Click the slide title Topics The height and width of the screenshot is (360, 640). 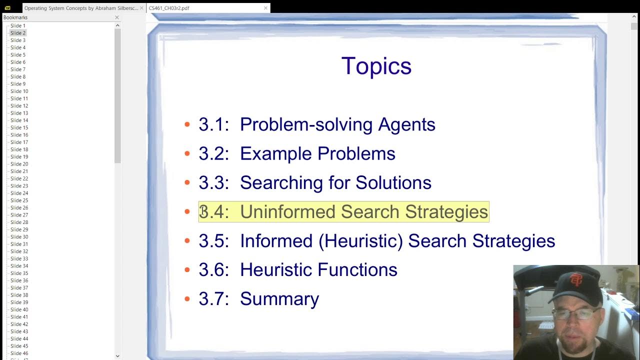click(x=376, y=66)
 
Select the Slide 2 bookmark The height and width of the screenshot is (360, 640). click(x=18, y=33)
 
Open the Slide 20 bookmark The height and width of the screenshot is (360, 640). click(x=19, y=164)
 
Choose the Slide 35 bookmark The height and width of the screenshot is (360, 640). click(x=19, y=273)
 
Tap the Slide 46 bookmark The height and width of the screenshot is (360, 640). click(x=19, y=353)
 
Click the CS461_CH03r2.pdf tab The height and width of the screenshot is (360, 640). click(x=169, y=8)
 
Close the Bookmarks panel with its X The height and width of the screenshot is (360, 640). click(x=117, y=17)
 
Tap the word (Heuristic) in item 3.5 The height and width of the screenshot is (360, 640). click(x=360, y=240)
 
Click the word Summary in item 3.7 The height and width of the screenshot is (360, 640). click(x=279, y=298)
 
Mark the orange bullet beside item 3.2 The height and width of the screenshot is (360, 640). click(x=187, y=153)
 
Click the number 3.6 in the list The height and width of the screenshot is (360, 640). click(x=213, y=269)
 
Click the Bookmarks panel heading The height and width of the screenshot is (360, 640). click(x=15, y=17)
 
